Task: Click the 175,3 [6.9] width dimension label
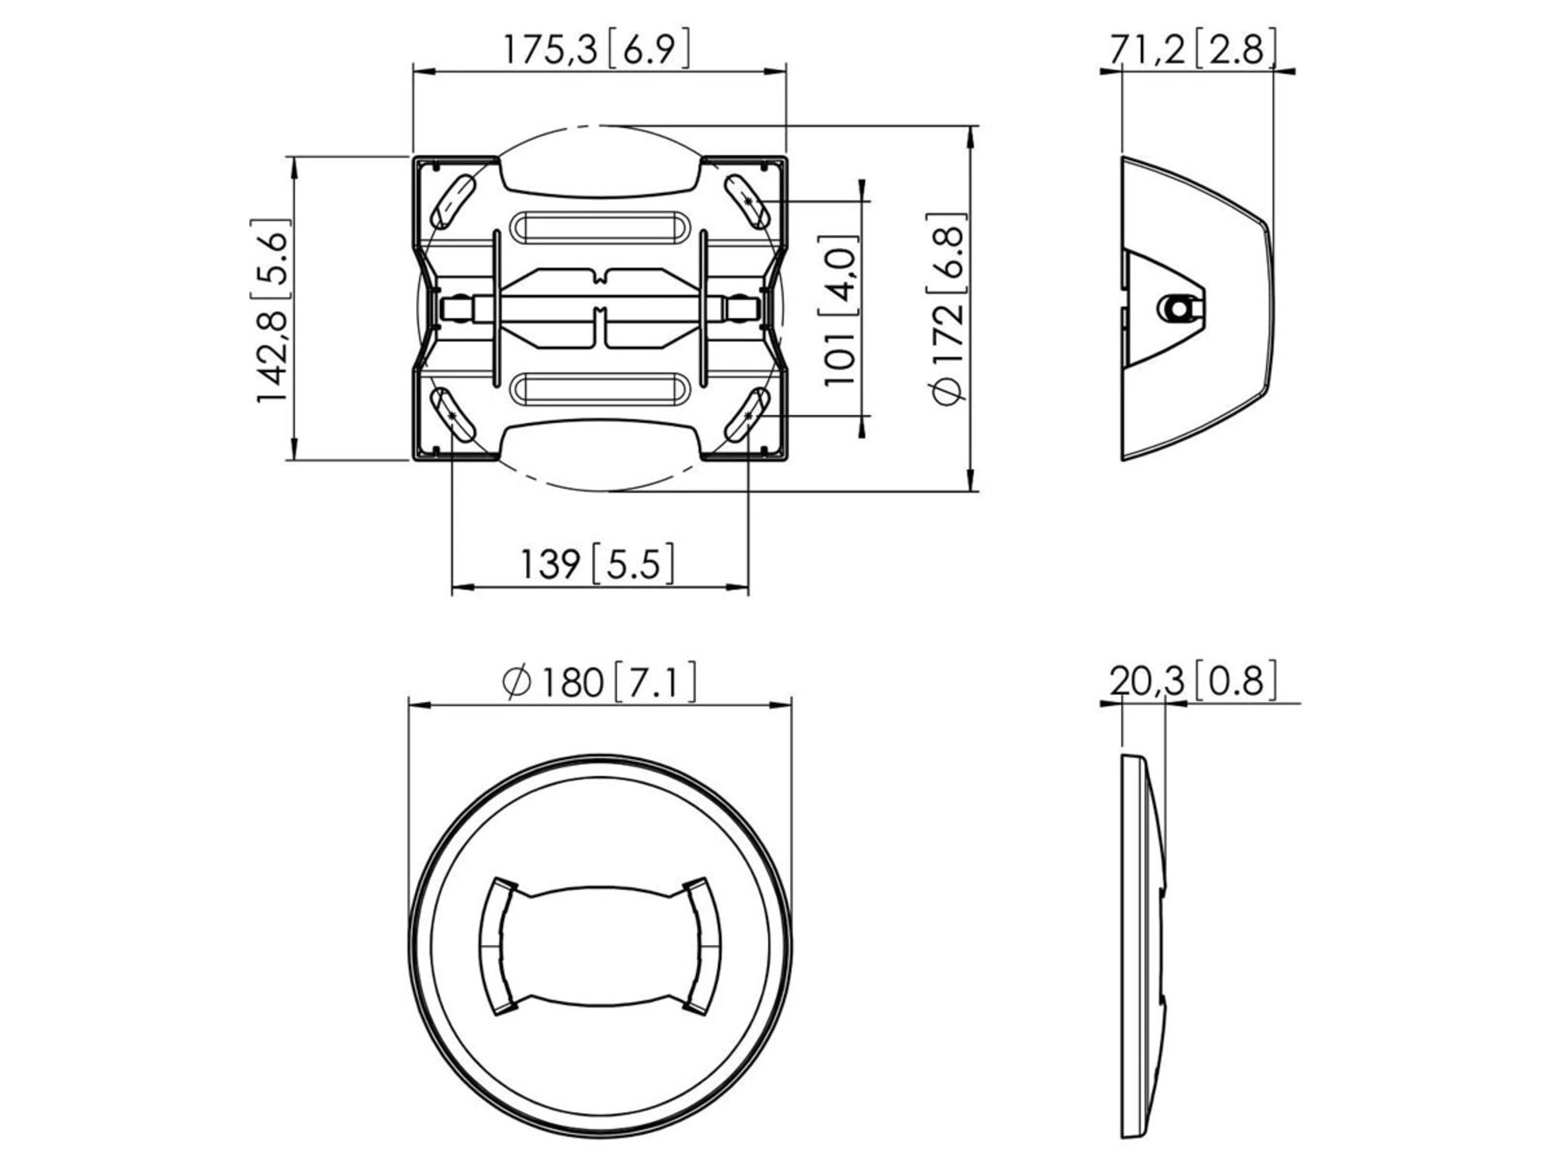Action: (596, 50)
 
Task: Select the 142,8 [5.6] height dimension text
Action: (272, 310)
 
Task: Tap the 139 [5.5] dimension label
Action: (596, 563)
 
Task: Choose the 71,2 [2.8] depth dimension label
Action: (1192, 50)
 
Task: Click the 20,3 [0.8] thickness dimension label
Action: (1192, 681)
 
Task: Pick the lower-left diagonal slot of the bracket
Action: (454, 414)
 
